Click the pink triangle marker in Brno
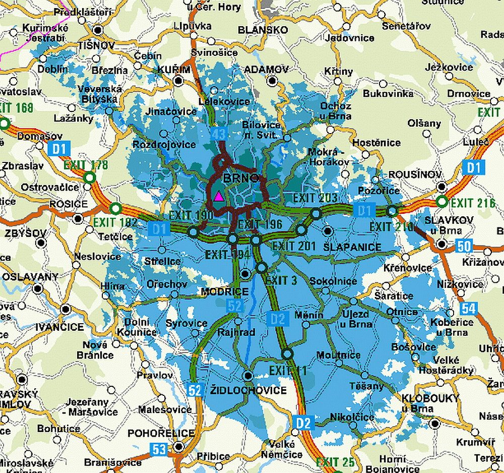218,197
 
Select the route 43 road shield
218,134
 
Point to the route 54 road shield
468,308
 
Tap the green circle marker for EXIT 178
90,177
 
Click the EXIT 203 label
314,198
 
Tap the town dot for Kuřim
178,80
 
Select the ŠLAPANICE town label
352,247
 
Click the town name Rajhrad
236,332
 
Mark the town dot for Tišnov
98,31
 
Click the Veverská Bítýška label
98,94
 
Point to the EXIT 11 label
288,371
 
